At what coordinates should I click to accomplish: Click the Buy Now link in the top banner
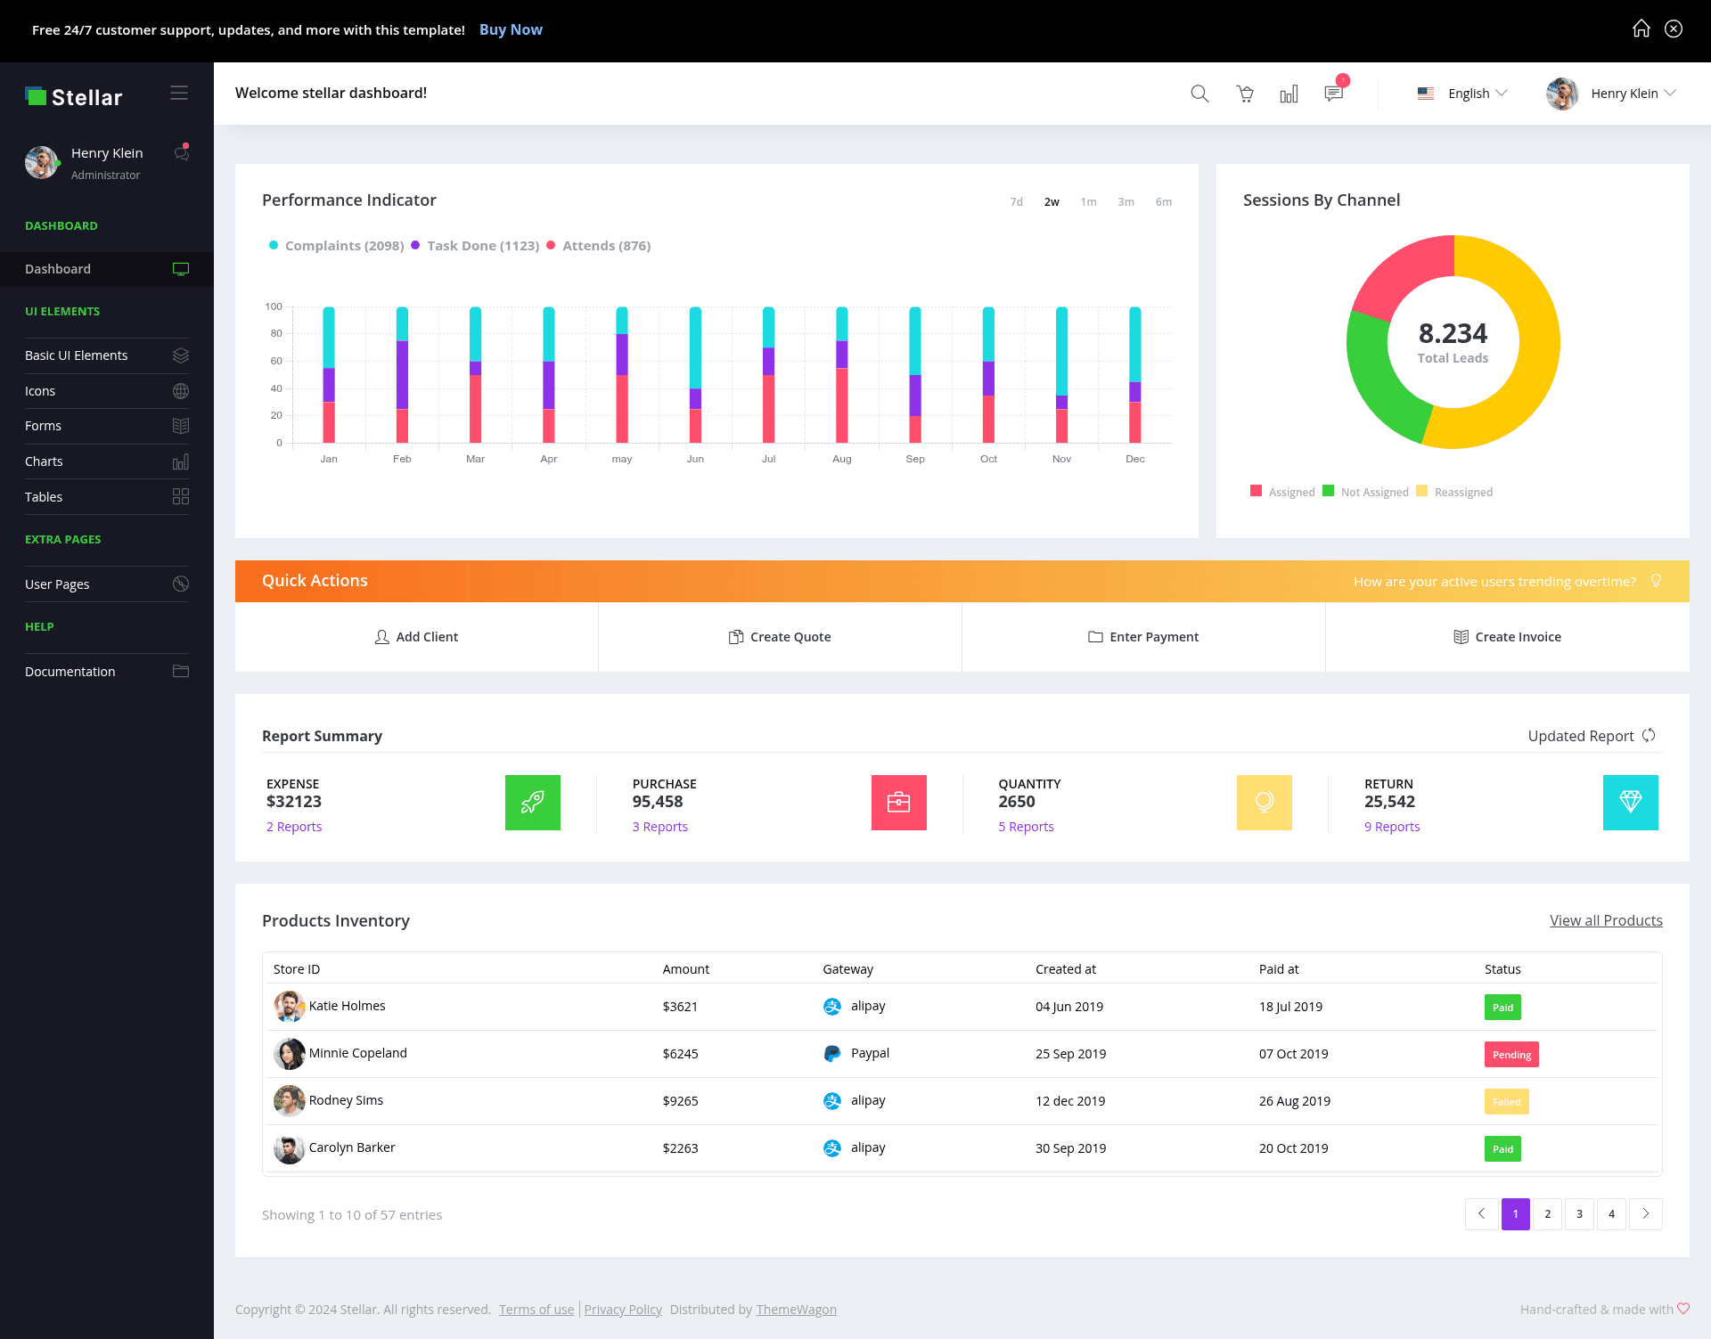tap(511, 29)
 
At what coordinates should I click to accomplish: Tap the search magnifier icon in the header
tap(1199, 94)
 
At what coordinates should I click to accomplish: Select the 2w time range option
tap(1052, 202)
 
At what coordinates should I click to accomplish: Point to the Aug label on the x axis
tap(842, 459)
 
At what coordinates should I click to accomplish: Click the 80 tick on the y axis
tap(276, 333)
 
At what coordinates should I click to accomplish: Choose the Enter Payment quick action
tap(1143, 637)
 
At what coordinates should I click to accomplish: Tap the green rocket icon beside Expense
tap(533, 803)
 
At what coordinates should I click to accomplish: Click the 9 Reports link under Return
tap(1392, 827)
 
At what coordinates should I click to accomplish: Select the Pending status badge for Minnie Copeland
tap(1511, 1055)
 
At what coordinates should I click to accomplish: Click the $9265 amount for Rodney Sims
tap(680, 1101)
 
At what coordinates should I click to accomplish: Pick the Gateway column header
tap(847, 969)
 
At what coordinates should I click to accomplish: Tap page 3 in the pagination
tap(1579, 1214)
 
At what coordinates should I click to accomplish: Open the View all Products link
tap(1606, 920)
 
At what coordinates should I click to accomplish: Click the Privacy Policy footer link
tap(623, 1310)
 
